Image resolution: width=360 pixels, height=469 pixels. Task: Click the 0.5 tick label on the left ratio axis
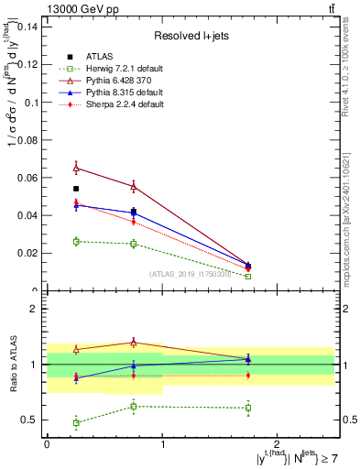pyautogui.click(x=30, y=420)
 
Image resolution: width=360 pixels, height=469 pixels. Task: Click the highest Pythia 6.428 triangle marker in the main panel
pyautogui.click(x=76, y=168)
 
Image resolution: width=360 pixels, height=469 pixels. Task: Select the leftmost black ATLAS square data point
pyautogui.click(x=76, y=189)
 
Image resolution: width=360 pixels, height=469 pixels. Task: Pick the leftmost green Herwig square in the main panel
pyautogui.click(x=76, y=241)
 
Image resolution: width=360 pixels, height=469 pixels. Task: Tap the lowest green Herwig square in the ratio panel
pyautogui.click(x=76, y=423)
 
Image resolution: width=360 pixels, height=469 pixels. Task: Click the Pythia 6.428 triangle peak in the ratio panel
pyautogui.click(x=134, y=343)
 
